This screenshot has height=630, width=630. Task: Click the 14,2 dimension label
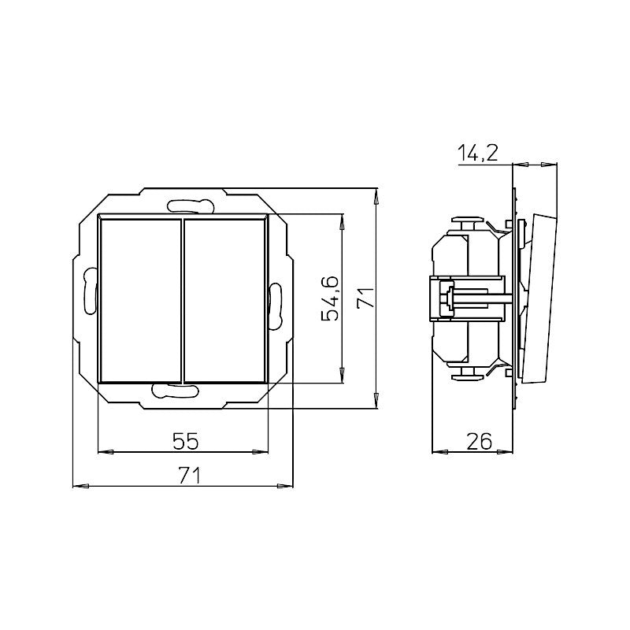pos(478,153)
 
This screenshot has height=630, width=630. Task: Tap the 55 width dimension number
pos(186,442)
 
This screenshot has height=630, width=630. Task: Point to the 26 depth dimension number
pos(480,442)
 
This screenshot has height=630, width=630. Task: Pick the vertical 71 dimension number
pos(365,298)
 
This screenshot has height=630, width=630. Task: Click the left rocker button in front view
pos(140,300)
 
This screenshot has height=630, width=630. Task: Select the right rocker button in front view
pos(225,300)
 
